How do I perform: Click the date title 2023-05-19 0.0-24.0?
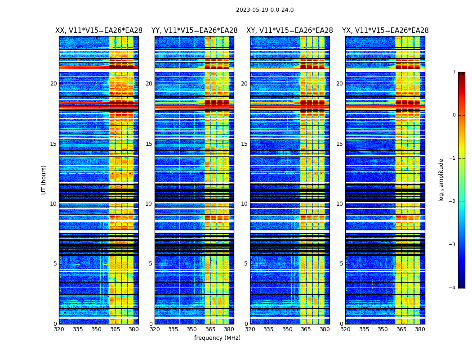tap(265, 10)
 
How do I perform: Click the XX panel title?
tap(99, 31)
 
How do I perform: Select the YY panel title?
tap(194, 31)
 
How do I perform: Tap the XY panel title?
tap(289, 31)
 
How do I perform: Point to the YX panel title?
tap(385, 31)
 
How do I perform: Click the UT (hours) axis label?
tap(44, 180)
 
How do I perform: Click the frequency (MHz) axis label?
tap(217, 338)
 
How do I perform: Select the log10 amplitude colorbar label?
tap(441, 180)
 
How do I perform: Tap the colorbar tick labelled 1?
tap(454, 72)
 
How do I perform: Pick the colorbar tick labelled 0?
tap(454, 115)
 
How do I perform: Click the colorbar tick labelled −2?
tap(453, 202)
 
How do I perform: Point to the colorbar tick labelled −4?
tap(453, 288)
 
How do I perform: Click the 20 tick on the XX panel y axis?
tap(53, 84)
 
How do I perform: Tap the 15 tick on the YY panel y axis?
tap(149, 144)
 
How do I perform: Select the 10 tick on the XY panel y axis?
tap(244, 204)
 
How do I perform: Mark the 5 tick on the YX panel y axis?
tap(341, 264)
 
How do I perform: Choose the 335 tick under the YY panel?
tap(173, 329)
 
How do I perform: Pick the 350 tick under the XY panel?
tap(287, 329)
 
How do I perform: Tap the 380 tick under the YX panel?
tap(420, 329)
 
